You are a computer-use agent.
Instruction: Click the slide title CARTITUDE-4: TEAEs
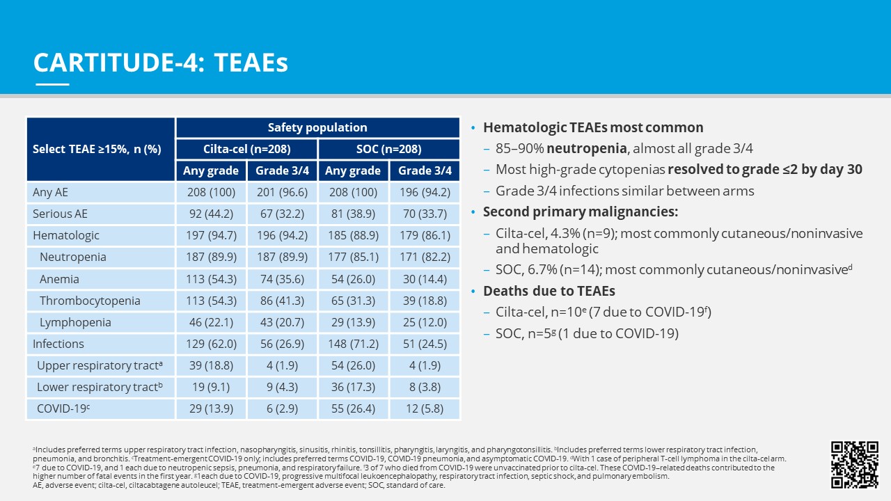coord(161,63)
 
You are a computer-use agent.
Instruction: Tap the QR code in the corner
coord(855,464)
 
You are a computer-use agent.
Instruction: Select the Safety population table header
coord(317,127)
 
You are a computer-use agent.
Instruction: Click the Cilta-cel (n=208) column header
coord(246,149)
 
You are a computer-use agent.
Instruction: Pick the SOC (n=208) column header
coord(388,149)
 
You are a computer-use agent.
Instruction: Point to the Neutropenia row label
coord(73,257)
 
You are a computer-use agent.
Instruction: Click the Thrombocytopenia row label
coord(90,301)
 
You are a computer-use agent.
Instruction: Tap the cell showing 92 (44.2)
coord(212,214)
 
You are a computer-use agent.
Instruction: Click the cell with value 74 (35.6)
coord(282,279)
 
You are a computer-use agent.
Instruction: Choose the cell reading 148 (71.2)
coord(353,344)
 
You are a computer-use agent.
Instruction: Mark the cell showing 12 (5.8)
coord(425,408)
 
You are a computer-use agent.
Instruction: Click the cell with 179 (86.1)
coord(425,235)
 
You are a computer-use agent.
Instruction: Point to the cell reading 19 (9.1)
coord(212,387)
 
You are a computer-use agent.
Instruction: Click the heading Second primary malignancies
coord(581,212)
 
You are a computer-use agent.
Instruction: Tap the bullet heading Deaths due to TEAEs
coord(549,291)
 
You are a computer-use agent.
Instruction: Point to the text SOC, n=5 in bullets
coord(525,333)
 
